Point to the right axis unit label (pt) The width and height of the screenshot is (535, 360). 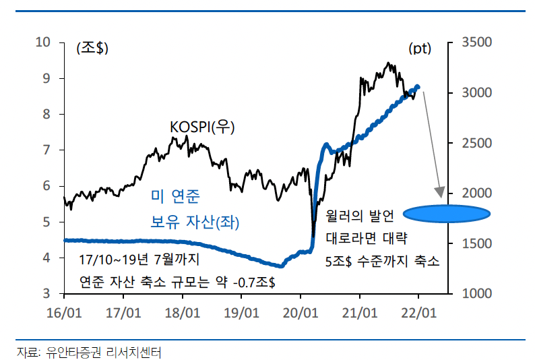(x=420, y=48)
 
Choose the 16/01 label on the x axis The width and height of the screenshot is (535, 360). (x=64, y=313)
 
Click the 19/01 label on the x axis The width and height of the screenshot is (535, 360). (x=241, y=313)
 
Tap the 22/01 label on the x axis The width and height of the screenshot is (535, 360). (x=418, y=313)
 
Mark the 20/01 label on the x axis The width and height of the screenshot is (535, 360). (x=301, y=313)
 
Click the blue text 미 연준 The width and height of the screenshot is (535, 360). (x=175, y=197)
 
